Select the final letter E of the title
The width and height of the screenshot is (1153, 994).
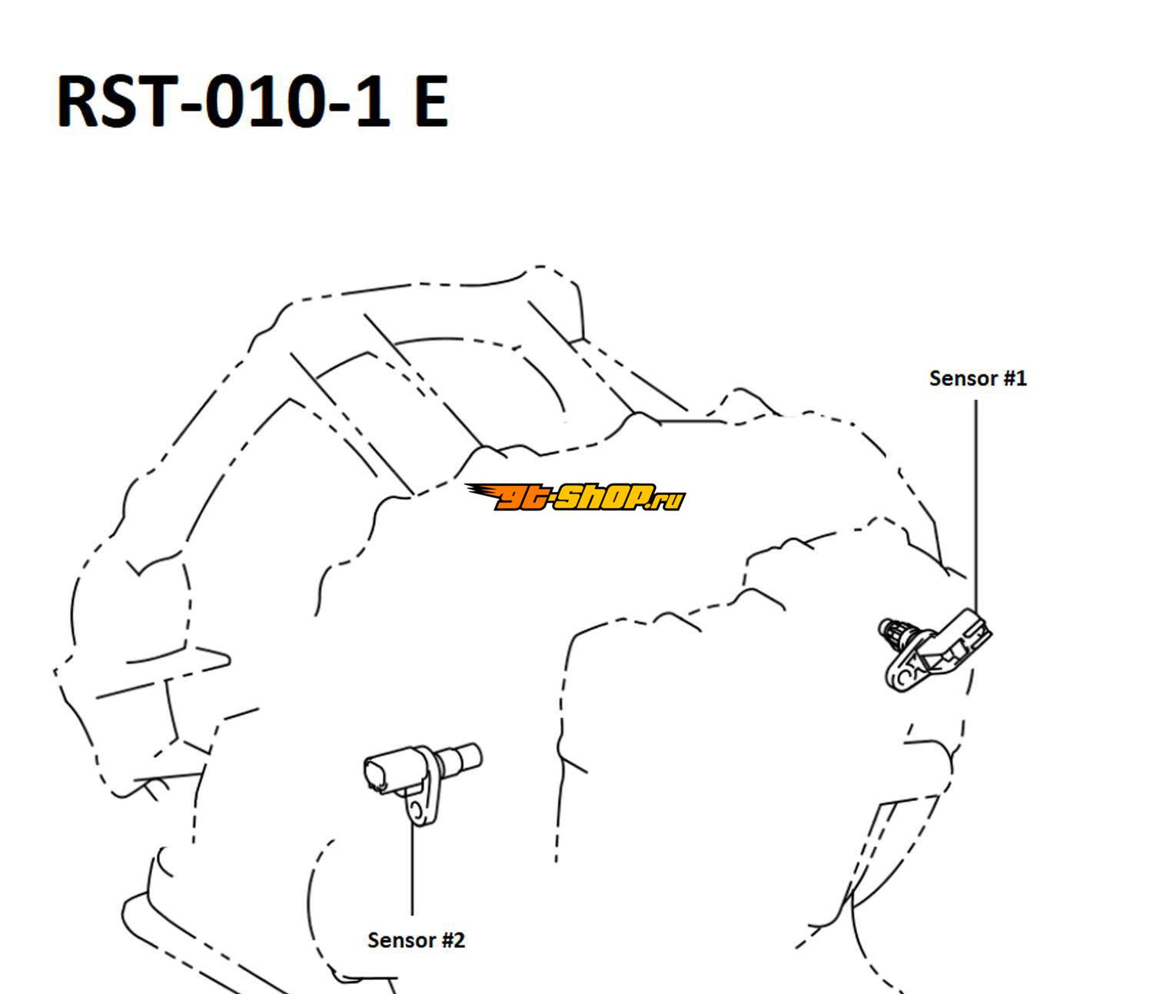430,101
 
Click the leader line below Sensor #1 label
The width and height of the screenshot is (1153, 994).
975,506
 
